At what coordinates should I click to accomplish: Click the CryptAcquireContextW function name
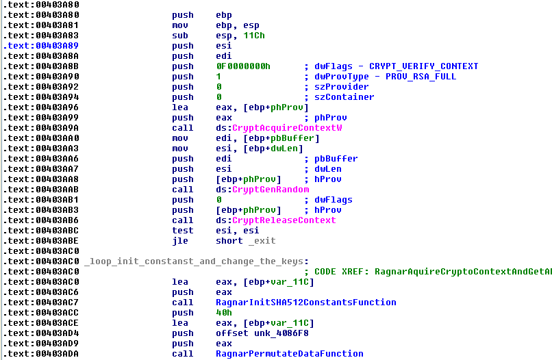point(287,128)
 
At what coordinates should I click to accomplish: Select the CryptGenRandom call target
point(271,190)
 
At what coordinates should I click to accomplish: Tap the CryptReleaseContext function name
point(284,220)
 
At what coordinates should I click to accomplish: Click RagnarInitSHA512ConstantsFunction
point(305,303)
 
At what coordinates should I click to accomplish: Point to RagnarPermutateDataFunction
point(289,354)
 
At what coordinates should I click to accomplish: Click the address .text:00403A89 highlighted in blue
point(31,46)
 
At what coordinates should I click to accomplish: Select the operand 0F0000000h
point(242,66)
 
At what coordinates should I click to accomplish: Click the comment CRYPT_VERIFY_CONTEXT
point(423,66)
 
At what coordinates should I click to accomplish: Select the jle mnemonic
point(179,241)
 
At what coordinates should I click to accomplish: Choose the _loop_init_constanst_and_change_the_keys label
point(195,261)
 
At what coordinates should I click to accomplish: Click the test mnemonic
point(182,231)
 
